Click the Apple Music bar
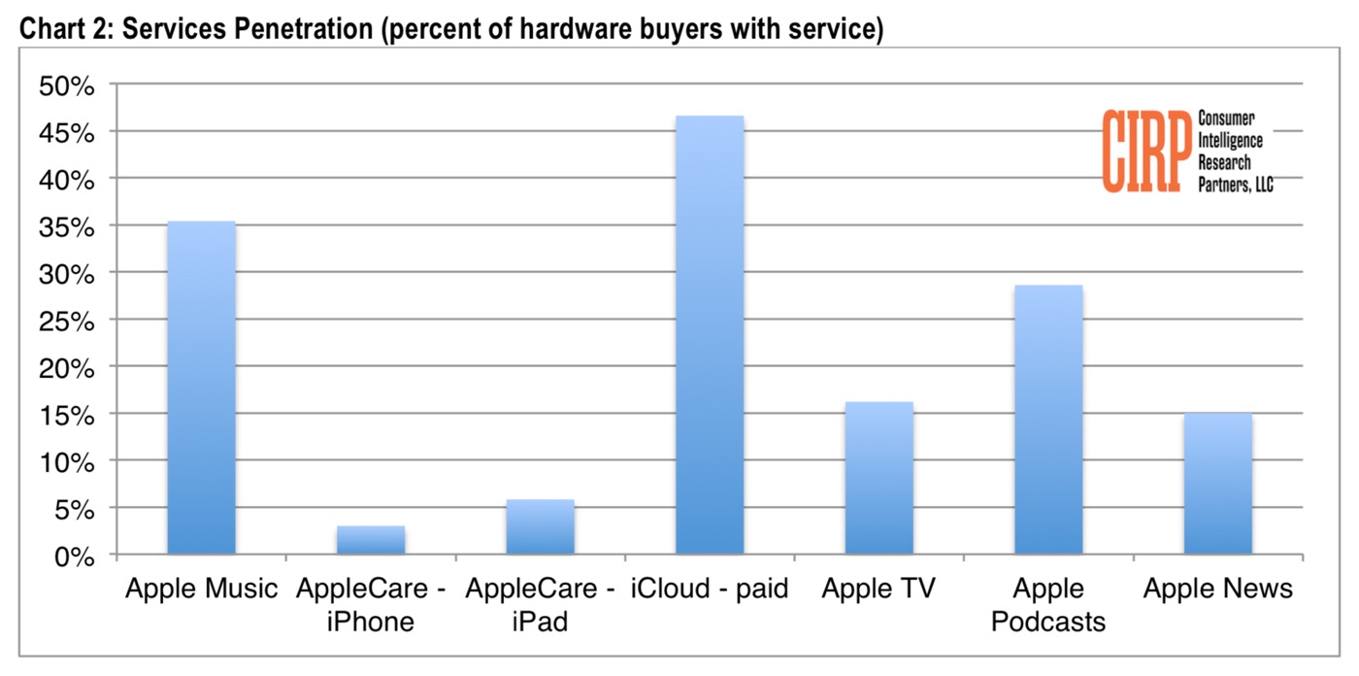(x=201, y=389)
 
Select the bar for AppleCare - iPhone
(x=371, y=540)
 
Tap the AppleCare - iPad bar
(x=540, y=527)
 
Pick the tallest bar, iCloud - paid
(x=710, y=335)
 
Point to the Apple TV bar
(x=878, y=478)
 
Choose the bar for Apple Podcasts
(x=1048, y=420)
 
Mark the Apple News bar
(x=1217, y=484)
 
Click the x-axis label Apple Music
(x=201, y=589)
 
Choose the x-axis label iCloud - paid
(x=710, y=589)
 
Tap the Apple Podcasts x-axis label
(x=1048, y=604)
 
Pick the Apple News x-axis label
(x=1217, y=589)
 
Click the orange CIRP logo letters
(x=1146, y=151)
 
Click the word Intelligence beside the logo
(x=1230, y=140)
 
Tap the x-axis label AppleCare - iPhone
(x=371, y=604)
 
